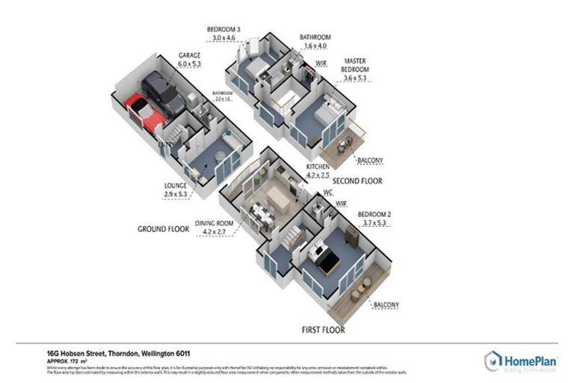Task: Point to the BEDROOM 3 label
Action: click(x=223, y=29)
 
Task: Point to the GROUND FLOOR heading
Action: click(x=162, y=229)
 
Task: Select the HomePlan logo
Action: click(x=520, y=361)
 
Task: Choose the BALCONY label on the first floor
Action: click(x=384, y=304)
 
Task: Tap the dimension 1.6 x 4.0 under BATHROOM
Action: click(x=315, y=46)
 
